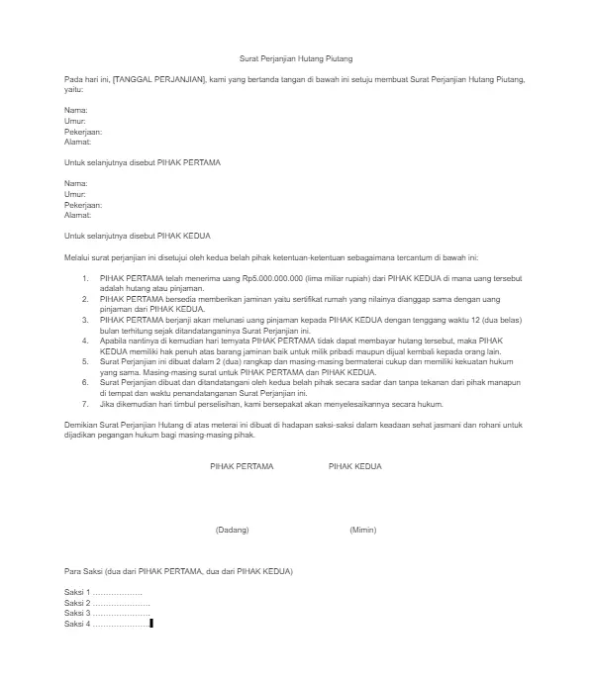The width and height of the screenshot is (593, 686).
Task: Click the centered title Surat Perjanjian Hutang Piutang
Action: pos(297,60)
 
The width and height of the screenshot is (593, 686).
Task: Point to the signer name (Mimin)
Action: pos(362,530)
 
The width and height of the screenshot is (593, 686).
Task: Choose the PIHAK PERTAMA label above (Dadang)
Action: pos(242,465)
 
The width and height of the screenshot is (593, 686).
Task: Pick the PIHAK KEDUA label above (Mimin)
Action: pos(354,465)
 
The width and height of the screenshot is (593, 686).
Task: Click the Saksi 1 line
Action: pos(103,591)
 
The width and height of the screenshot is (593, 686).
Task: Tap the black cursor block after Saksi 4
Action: pos(151,625)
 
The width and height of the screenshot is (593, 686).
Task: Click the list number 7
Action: pos(85,404)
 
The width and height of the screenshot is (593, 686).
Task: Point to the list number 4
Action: pos(85,340)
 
